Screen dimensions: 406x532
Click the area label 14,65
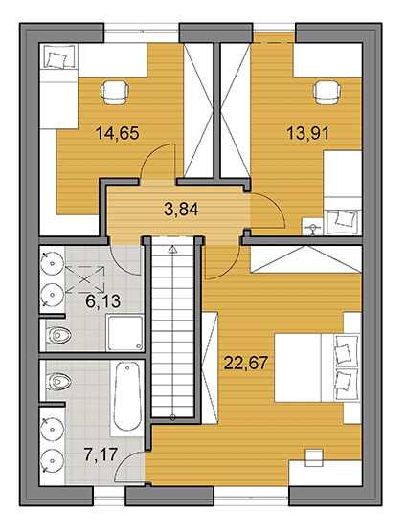tap(118, 133)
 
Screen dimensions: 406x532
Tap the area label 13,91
tap(308, 133)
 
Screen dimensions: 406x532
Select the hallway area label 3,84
tap(181, 209)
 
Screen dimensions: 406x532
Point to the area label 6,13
tap(102, 301)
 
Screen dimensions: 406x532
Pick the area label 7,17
tap(101, 455)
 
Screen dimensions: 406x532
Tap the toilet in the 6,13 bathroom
tap(59, 335)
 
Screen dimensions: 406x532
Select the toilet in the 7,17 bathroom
tap(58, 382)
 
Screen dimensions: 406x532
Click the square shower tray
tap(124, 333)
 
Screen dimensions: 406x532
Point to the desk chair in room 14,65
tap(115, 92)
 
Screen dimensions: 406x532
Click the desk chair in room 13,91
tap(327, 92)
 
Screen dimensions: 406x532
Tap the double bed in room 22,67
tap(317, 367)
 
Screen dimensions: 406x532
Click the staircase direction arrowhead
tap(172, 250)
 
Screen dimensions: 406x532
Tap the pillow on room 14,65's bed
tap(56, 59)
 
